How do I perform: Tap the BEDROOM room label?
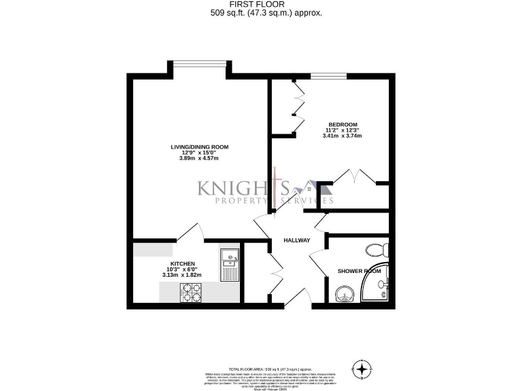[x=343, y=124]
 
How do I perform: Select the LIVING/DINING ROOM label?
[x=199, y=147]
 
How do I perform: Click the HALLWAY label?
[x=297, y=240]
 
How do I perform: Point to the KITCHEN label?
[x=183, y=263]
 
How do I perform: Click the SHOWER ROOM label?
[x=358, y=272]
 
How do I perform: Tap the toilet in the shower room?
[x=376, y=248]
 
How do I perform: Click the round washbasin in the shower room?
[x=345, y=295]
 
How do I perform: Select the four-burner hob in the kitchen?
[x=190, y=292]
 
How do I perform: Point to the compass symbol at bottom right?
[x=364, y=370]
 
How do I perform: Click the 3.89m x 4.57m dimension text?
[x=199, y=159]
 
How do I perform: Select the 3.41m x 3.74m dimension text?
[x=343, y=136]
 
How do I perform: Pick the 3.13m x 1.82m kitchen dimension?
[x=182, y=275]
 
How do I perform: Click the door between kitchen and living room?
[x=190, y=234]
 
